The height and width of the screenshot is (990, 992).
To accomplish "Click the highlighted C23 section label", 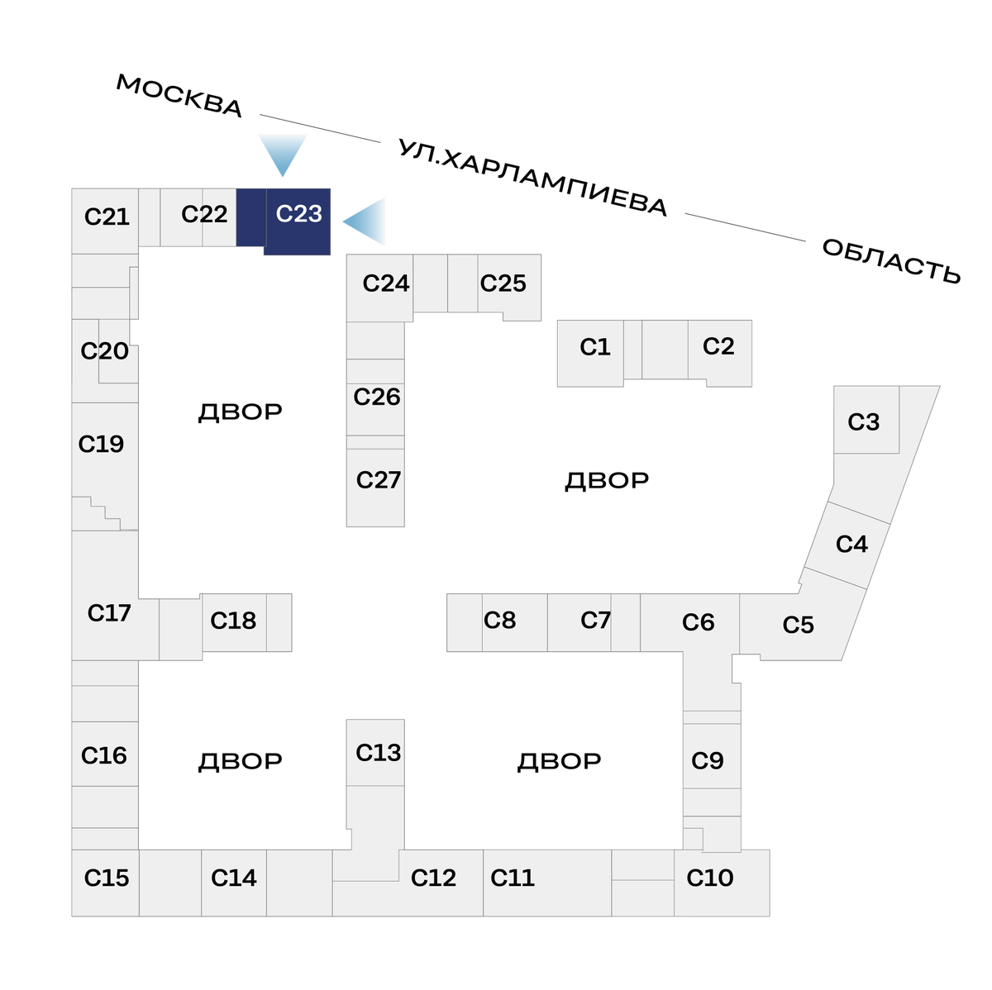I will (298, 214).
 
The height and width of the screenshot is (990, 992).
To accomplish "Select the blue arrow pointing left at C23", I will (366, 221).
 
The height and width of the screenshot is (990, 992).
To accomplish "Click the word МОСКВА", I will (179, 96).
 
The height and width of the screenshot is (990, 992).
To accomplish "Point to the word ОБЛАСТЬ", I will (891, 260).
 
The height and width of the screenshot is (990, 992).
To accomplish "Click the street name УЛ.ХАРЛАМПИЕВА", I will (532, 178).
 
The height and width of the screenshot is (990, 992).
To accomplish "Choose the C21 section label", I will (107, 217).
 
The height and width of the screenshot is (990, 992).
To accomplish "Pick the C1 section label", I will (595, 347).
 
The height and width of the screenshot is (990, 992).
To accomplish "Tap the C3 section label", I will (864, 422).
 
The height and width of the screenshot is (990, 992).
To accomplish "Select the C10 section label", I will (710, 878).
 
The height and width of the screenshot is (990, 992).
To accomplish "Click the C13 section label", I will (378, 753).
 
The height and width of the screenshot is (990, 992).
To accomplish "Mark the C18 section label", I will (233, 621).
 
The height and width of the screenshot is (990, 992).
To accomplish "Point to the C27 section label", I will (378, 480).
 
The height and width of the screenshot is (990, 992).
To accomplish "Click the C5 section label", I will (799, 626).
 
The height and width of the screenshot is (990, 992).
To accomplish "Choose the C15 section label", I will (107, 878).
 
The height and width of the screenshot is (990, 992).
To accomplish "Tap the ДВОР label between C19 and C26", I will (241, 412).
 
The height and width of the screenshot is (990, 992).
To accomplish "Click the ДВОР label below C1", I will (607, 480).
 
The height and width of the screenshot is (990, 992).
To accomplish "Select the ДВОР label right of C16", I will (241, 761).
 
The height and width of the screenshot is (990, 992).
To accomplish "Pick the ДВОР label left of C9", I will (560, 761).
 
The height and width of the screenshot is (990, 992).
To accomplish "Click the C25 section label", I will (503, 283).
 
